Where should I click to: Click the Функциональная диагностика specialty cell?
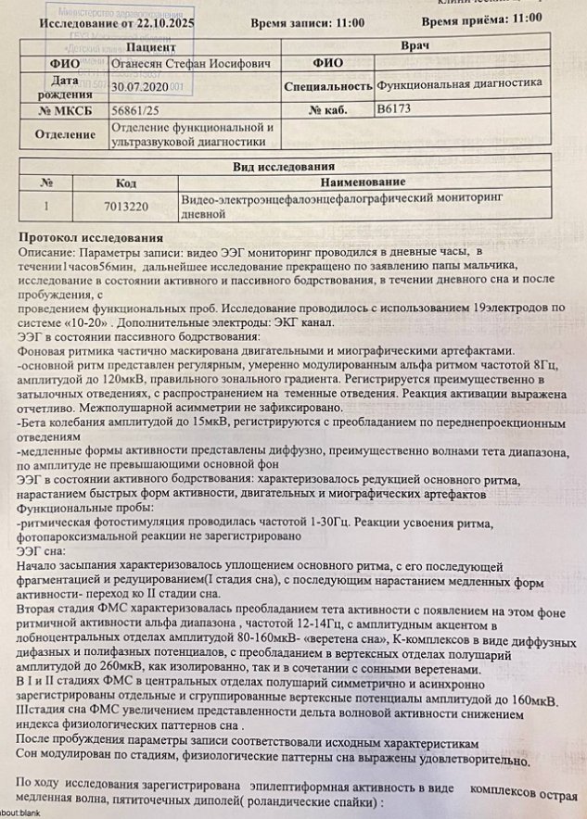click(459, 83)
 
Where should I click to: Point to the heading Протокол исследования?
click(90, 238)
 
